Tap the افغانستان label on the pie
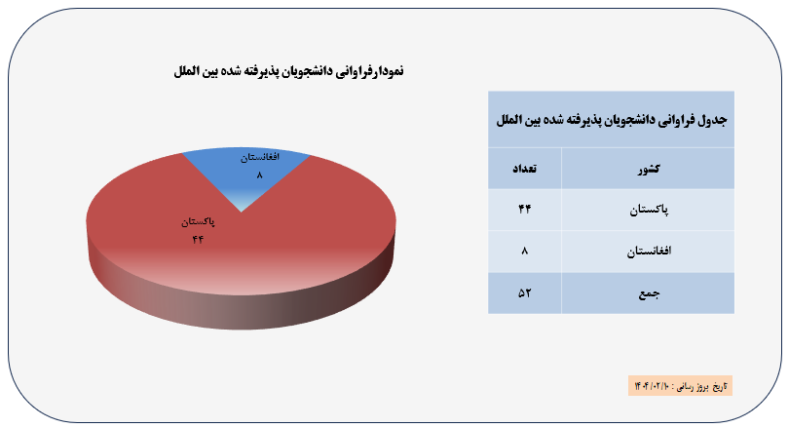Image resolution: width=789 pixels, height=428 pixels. coord(260,157)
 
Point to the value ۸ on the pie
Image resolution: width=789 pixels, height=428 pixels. coord(260,175)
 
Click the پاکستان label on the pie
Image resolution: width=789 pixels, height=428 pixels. coord(199,221)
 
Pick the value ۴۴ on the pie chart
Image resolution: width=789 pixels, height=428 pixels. coord(198,239)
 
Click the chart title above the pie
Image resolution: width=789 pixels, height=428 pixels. coord(289,71)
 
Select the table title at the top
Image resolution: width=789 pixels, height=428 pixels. coord(612,120)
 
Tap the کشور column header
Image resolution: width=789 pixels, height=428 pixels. coord(648,170)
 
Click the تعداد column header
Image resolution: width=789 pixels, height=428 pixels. coord(525,169)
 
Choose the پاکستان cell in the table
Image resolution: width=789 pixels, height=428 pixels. coord(648,210)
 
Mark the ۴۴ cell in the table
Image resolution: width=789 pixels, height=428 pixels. coord(525,209)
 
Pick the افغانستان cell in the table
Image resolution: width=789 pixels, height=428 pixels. coord(648,252)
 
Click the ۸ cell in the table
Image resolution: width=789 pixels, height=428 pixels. coord(525,251)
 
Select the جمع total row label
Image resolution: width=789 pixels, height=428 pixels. coord(648,293)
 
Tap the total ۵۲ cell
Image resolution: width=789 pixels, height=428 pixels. coord(525,293)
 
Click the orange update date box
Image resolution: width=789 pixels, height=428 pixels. coord(680,386)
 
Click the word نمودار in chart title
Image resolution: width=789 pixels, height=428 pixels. coord(387,71)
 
